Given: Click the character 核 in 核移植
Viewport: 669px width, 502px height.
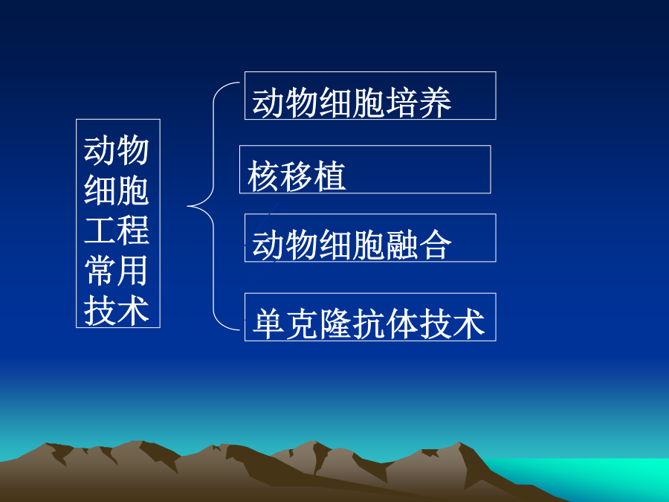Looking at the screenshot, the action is (264, 176).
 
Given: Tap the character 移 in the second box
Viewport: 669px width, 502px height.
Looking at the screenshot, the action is (297, 176).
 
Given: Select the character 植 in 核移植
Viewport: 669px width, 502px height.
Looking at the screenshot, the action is (330, 176).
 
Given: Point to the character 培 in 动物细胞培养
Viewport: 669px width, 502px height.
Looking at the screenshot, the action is (402, 103).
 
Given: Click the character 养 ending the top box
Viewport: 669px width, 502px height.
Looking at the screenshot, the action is (435, 103).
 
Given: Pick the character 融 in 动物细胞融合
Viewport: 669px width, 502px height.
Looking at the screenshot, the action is (402, 245).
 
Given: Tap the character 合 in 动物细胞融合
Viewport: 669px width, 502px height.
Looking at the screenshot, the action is (435, 245).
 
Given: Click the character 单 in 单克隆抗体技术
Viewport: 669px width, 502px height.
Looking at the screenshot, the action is (268, 324).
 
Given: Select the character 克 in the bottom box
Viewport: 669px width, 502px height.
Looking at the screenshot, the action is (302, 324).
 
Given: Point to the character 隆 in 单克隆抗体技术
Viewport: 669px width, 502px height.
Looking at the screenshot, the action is (335, 324).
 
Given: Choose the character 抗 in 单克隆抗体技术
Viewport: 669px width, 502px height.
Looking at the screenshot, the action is (368, 324).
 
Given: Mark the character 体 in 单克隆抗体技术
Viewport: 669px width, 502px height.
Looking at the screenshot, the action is (401, 324).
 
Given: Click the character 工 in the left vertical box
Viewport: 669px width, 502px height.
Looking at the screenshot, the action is (100, 230).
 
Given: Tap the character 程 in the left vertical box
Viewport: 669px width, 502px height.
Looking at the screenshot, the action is (133, 230).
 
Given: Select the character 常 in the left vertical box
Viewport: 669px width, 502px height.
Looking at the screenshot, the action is (100, 270).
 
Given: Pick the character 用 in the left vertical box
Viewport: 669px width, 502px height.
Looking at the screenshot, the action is (133, 270).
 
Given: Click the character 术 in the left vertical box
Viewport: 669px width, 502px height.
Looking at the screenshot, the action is (133, 310).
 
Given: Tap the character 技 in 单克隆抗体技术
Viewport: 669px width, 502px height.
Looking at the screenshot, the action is (435, 324).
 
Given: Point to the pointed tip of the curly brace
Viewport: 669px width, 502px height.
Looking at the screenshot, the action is (188, 206).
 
